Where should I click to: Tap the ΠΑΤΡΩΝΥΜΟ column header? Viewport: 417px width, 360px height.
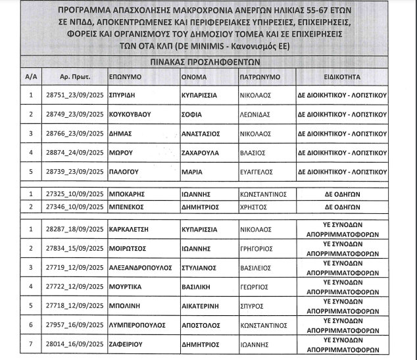pyautogui.click(x=260, y=77)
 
